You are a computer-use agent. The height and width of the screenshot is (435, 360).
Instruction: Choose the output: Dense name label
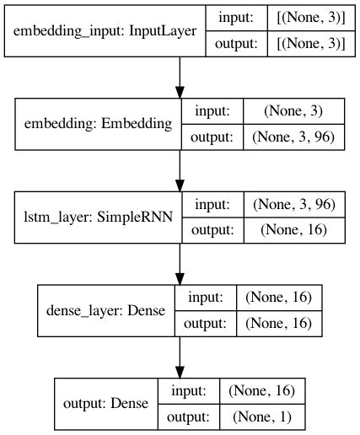point(106,404)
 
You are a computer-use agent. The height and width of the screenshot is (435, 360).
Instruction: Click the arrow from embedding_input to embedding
point(180,78)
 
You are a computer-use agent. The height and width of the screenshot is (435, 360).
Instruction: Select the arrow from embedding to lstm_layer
point(180,170)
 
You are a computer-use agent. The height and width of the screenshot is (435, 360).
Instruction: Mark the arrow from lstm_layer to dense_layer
point(180,264)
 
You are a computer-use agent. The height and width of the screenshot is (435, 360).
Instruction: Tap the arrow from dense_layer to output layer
point(180,357)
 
